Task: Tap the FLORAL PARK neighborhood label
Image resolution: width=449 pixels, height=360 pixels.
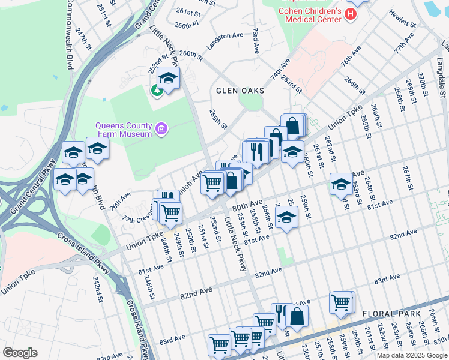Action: tap(393, 314)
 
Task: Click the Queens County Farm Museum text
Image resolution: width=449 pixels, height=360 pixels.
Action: tap(123, 130)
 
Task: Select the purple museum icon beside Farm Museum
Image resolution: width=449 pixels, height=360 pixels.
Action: tap(161, 128)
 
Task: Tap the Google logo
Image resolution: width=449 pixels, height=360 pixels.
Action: tap(20, 353)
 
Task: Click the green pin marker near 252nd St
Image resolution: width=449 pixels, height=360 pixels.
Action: tap(157, 91)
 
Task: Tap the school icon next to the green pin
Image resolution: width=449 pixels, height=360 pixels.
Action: tap(169, 78)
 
